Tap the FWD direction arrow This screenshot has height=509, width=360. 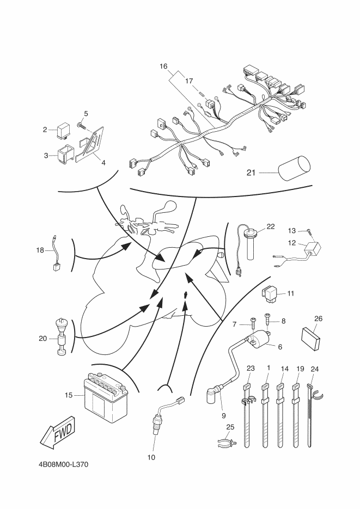[x=58, y=431]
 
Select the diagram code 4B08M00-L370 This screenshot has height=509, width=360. [x=63, y=464]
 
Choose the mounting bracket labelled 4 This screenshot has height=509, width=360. [x=90, y=144]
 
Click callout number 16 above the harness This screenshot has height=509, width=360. [x=163, y=66]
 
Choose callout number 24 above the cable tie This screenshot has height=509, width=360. [x=315, y=369]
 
